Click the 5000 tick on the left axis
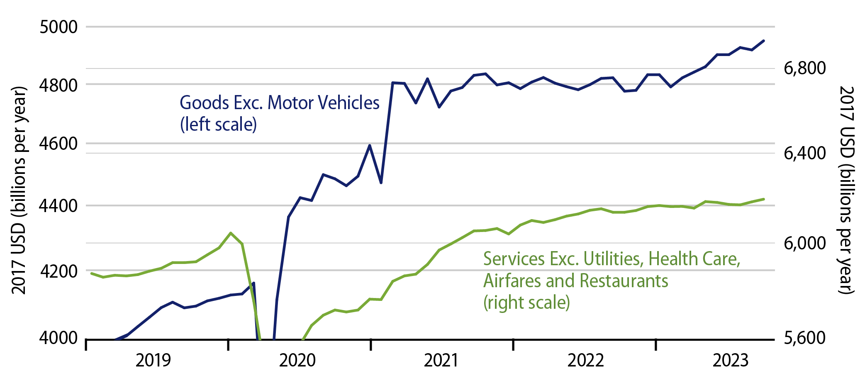(x=58, y=27)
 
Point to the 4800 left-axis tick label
(x=58, y=85)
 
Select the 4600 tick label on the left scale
(x=58, y=144)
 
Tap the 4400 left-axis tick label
(x=58, y=206)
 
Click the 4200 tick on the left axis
(x=58, y=271)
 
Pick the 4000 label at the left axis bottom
(x=58, y=338)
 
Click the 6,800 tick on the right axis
(x=804, y=68)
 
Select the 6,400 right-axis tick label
(x=804, y=154)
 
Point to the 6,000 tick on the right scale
(x=804, y=243)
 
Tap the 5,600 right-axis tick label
(x=804, y=338)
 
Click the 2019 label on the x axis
(x=153, y=360)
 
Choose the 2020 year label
(x=297, y=360)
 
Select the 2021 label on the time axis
(x=441, y=360)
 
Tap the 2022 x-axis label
(x=585, y=360)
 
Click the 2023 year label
(x=731, y=360)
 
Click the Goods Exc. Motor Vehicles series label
(x=279, y=103)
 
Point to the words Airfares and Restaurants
(x=575, y=281)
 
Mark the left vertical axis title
(x=19, y=190)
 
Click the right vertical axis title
(x=847, y=190)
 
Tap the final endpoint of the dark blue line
(x=764, y=41)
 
